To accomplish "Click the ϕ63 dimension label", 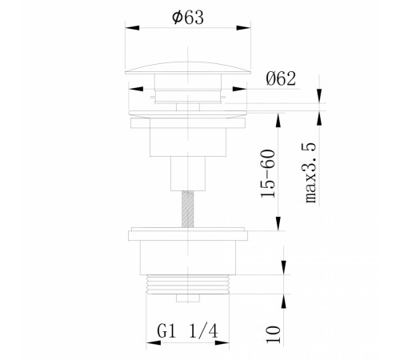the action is (x=188, y=18).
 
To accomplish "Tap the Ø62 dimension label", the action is (x=281, y=78).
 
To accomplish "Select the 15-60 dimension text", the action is (x=268, y=174).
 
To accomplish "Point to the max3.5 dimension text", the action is (x=310, y=173).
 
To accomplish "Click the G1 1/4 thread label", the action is (x=187, y=331).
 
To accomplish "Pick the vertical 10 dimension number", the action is (x=273, y=334).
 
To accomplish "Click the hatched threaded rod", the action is (x=188, y=210).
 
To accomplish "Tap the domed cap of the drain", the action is (x=188, y=67).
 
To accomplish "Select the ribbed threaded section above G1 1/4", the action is (x=188, y=284).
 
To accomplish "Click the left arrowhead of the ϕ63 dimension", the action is (x=132, y=28).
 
